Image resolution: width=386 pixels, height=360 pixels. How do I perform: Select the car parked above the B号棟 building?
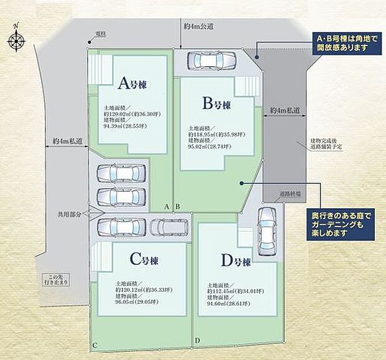coord(210,61)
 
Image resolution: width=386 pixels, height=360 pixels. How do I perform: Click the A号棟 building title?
coord(134,83)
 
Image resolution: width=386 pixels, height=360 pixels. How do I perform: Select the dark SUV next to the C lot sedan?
coord(168,228)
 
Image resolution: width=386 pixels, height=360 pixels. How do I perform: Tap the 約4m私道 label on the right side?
coord(285,111)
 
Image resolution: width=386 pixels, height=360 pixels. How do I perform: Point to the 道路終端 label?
coord(290,194)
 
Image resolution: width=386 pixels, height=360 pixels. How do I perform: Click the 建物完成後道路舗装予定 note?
coord(327,144)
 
